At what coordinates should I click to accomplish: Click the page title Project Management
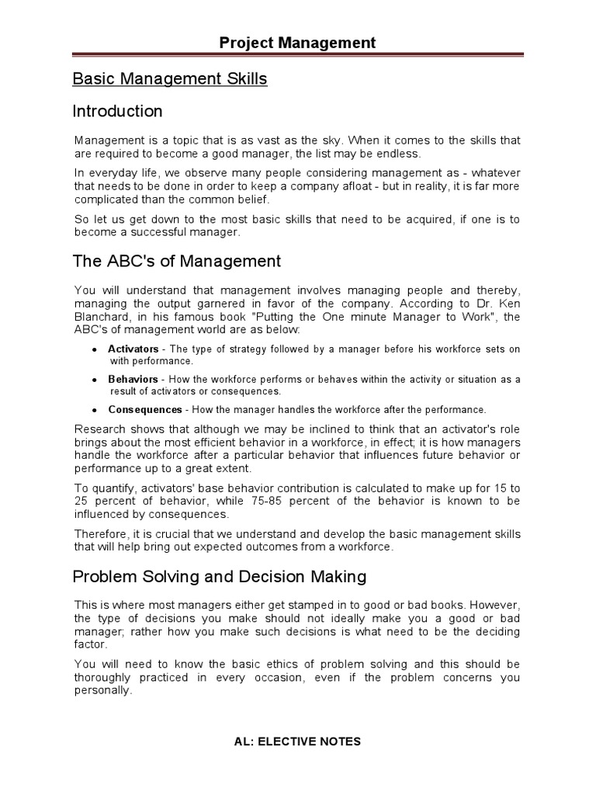(x=297, y=43)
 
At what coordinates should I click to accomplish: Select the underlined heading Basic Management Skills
(x=170, y=79)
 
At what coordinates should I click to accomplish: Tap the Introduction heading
(x=117, y=111)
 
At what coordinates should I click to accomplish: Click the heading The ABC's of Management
(x=177, y=261)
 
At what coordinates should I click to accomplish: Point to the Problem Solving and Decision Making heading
(x=220, y=577)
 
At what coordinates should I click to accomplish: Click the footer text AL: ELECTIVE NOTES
(x=298, y=741)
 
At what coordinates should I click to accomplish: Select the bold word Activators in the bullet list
(x=133, y=349)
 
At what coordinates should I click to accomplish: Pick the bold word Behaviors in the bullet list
(x=132, y=380)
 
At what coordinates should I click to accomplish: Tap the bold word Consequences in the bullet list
(x=145, y=409)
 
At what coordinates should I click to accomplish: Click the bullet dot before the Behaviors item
(x=94, y=380)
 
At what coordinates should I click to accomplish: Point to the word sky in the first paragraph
(x=329, y=141)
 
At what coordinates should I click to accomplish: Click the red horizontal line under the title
(x=297, y=55)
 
